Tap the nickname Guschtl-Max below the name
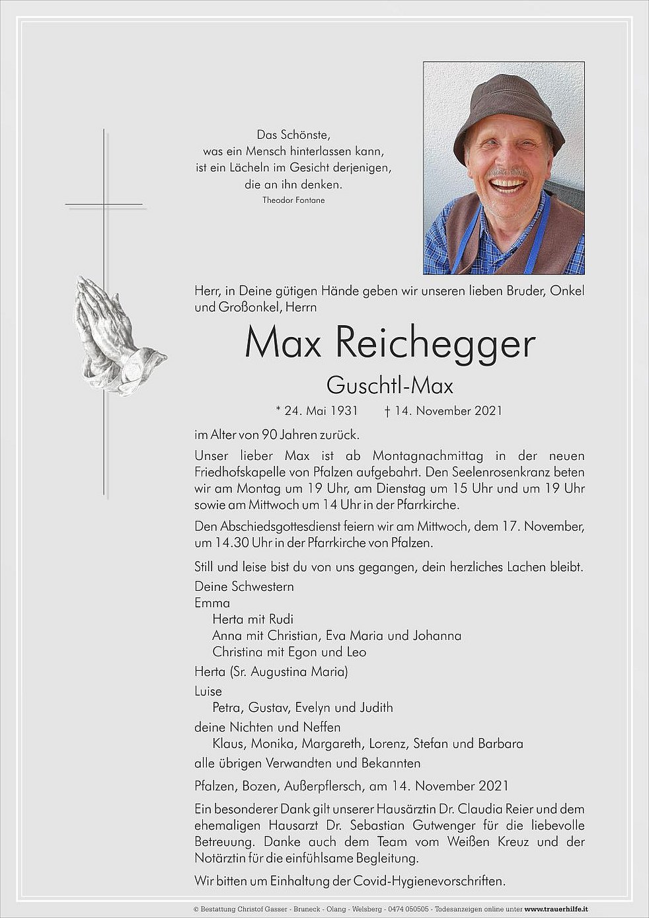point(389,385)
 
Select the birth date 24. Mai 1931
point(321,411)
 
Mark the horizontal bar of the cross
point(104,205)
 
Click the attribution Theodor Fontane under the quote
point(293,200)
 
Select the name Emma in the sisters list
point(212,603)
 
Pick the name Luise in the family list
point(208,691)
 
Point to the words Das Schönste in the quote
point(293,135)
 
